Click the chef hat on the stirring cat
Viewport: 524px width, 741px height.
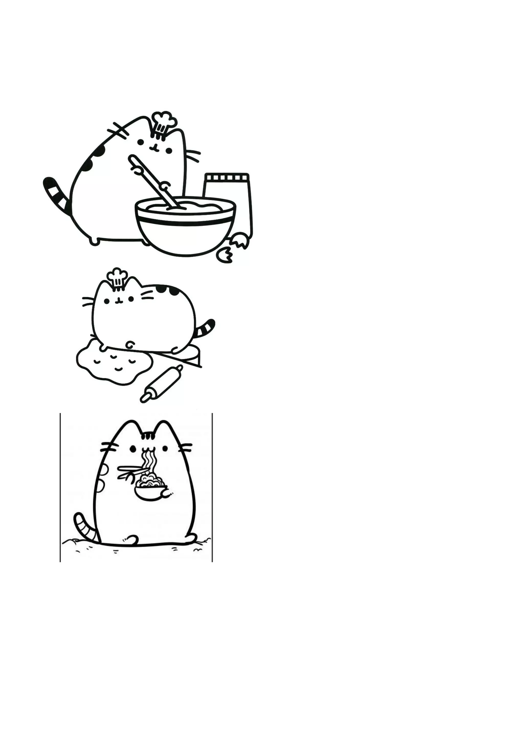coord(164,122)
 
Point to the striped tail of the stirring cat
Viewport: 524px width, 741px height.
coord(57,194)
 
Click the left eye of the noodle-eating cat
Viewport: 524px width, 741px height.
coord(132,449)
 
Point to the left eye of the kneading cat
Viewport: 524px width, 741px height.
coord(106,301)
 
